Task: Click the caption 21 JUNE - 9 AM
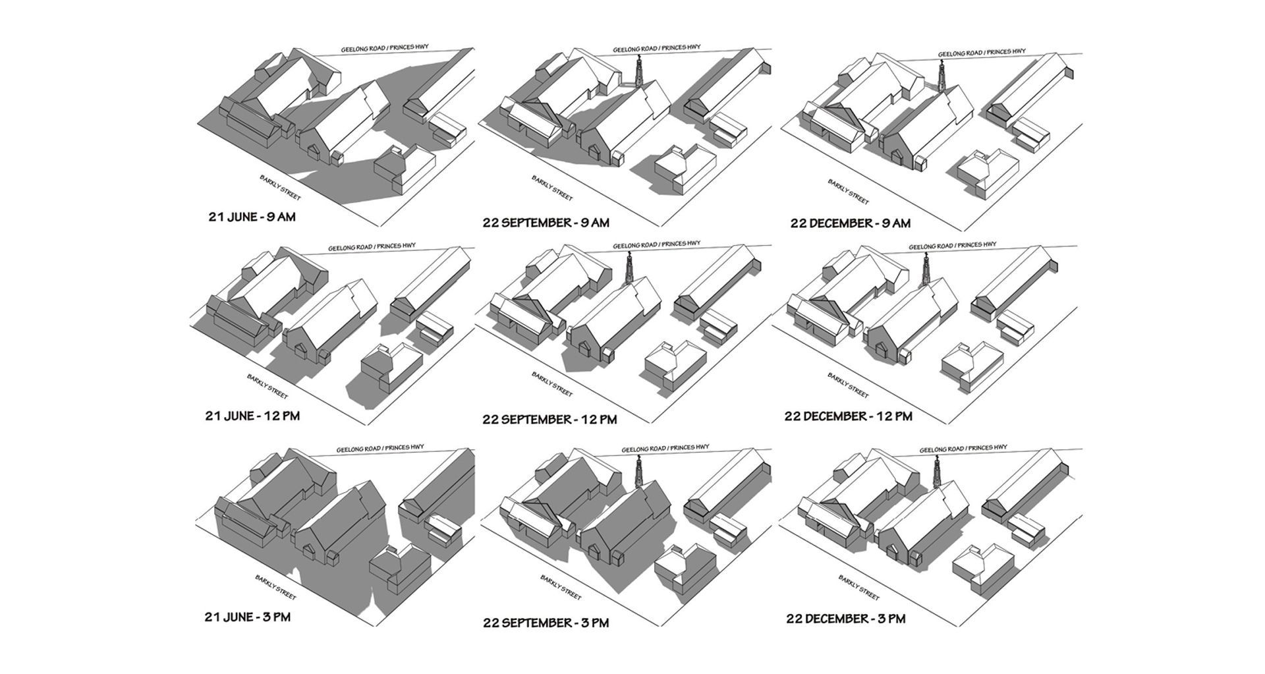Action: (252, 217)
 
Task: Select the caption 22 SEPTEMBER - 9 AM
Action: (546, 223)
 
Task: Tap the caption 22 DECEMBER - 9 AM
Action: (850, 223)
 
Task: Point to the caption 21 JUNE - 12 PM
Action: (252, 416)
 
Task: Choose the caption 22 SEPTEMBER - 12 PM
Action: (549, 420)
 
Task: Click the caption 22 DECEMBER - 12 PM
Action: (848, 416)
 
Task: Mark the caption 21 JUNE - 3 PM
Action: (247, 617)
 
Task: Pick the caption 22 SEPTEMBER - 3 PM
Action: (546, 623)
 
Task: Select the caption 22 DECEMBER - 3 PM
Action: (845, 619)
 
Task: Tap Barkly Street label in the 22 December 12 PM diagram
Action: (849, 386)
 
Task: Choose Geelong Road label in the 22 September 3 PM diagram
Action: (665, 448)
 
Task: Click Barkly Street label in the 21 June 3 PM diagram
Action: (276, 588)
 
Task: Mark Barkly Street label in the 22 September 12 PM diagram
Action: (552, 385)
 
